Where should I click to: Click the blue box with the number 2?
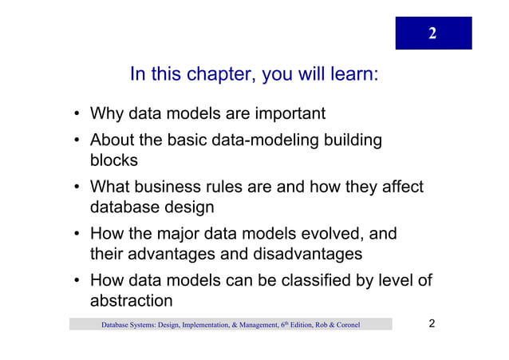[x=433, y=33]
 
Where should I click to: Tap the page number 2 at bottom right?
[x=432, y=324]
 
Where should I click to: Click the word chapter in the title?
[x=218, y=75]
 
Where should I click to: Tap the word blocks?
[x=114, y=160]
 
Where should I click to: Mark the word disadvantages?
[x=308, y=254]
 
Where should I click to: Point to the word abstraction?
[x=131, y=301]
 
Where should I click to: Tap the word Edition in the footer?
[x=294, y=325]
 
